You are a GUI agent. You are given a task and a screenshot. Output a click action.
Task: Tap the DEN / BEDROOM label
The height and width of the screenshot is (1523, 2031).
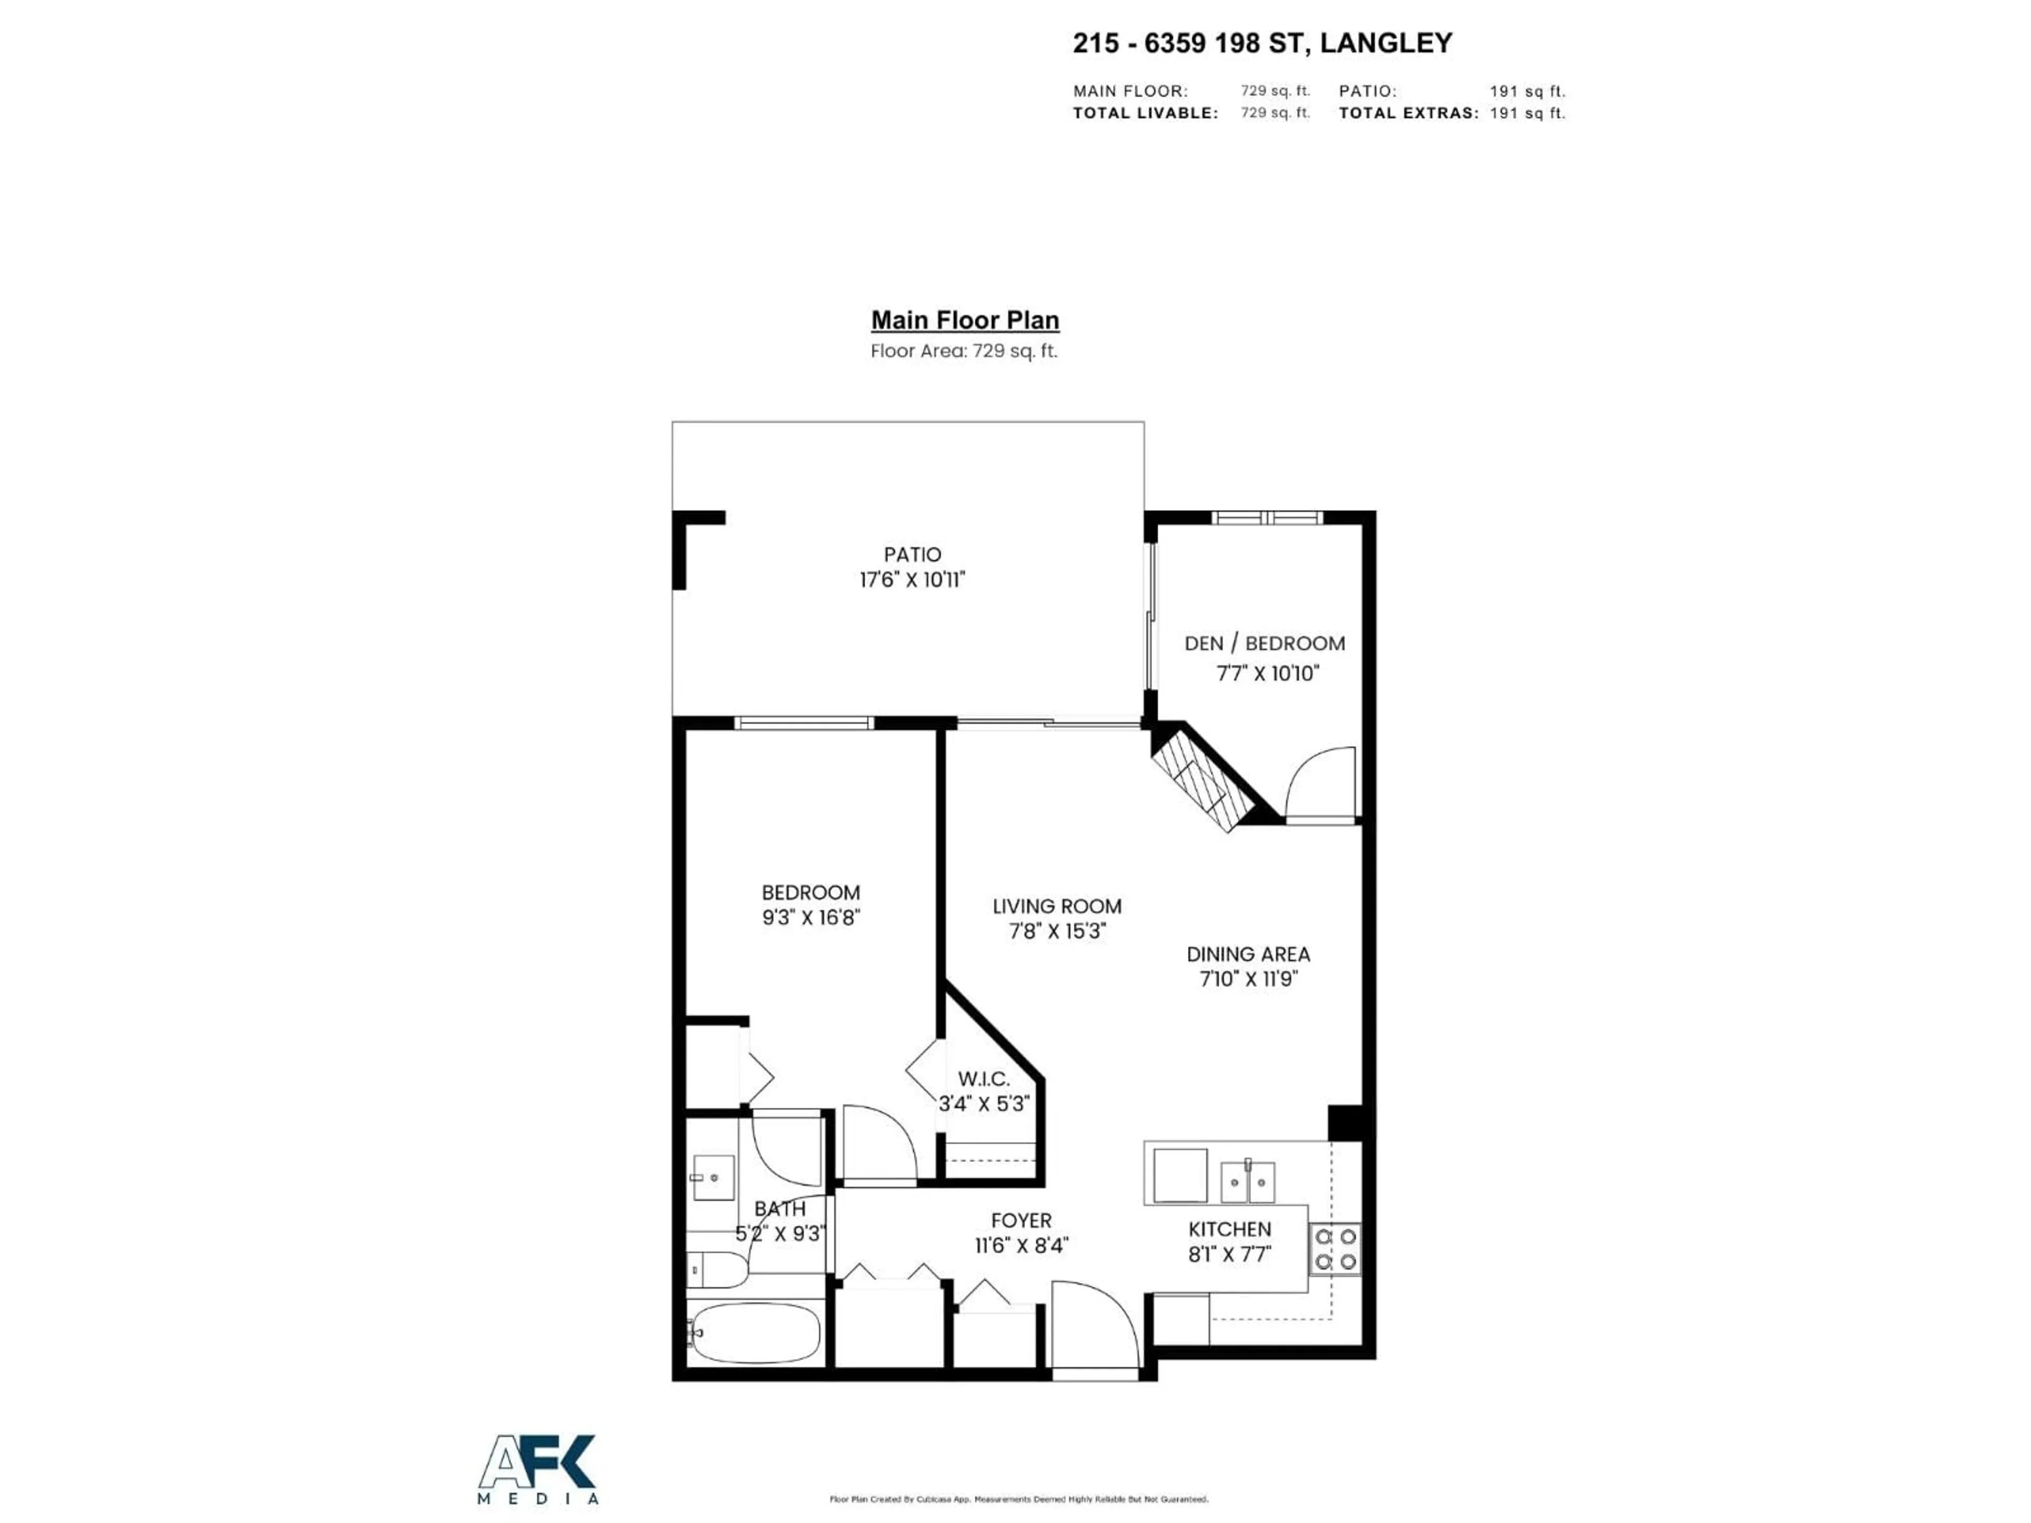[x=1264, y=644]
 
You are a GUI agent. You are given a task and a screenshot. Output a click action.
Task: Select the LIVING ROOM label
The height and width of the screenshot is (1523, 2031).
[x=1057, y=906]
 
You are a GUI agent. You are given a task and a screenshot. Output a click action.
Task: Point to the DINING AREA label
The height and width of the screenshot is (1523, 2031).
[x=1248, y=954]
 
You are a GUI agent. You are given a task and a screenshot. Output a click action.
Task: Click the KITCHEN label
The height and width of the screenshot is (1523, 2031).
[x=1229, y=1228]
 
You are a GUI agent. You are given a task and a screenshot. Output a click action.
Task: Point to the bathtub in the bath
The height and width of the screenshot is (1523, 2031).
[x=755, y=1332]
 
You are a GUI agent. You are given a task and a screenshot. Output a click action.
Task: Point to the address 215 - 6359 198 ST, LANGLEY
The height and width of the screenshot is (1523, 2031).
[x=1262, y=43]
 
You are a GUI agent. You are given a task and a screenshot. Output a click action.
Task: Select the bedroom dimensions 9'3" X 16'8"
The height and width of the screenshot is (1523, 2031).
[x=811, y=917]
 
